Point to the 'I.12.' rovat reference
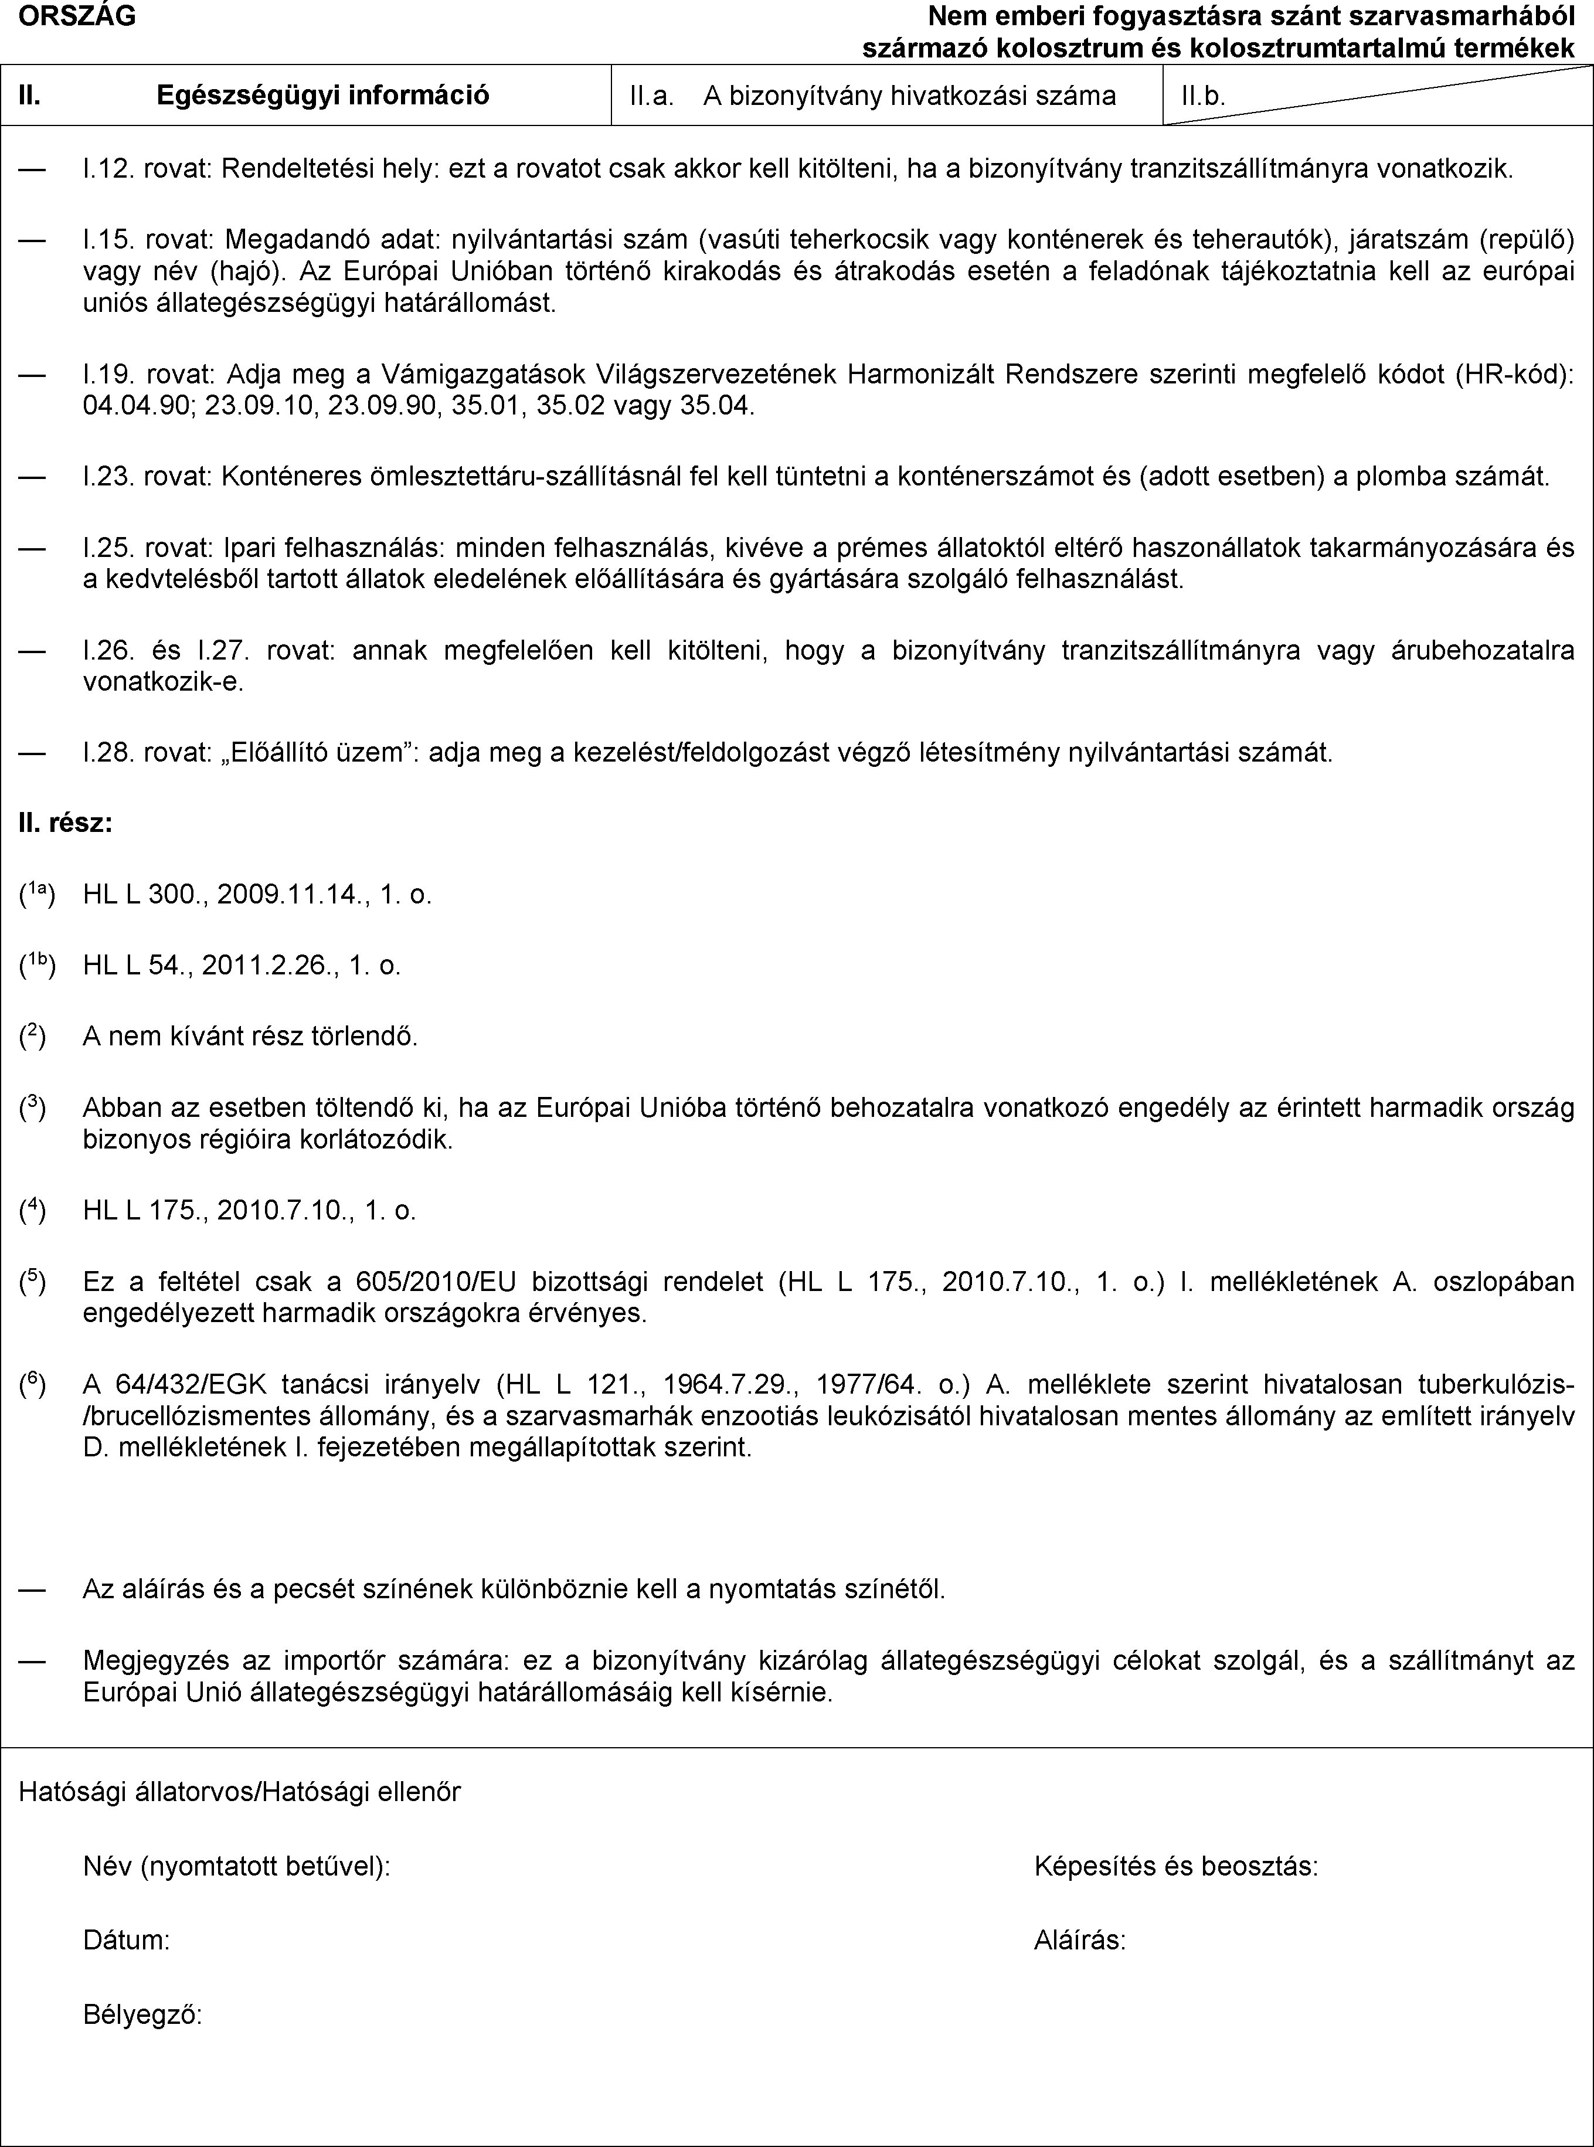point(111,170)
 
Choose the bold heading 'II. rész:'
point(64,823)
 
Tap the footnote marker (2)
point(34,1037)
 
